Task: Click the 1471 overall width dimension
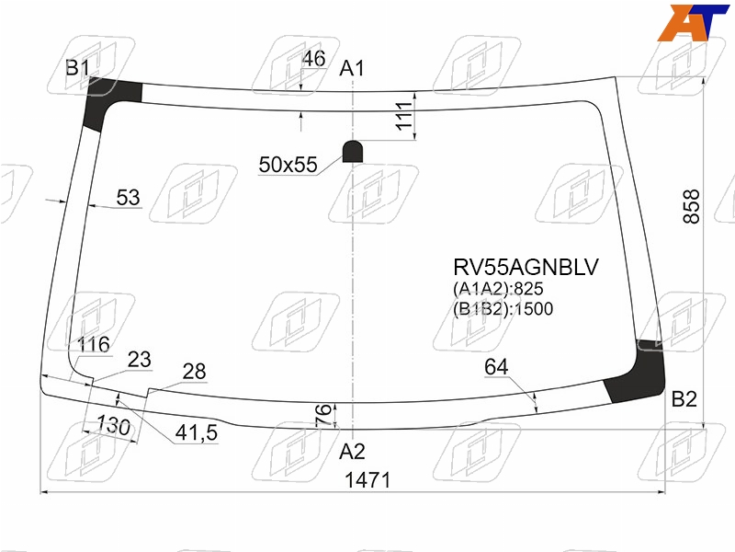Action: [x=367, y=480]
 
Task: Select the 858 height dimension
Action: [x=692, y=206]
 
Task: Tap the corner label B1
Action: [x=77, y=68]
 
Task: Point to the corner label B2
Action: [x=684, y=399]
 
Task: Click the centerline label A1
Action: [x=352, y=68]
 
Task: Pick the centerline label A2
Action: [x=352, y=452]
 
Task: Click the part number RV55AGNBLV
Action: [x=526, y=267]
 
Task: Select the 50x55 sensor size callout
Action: [x=288, y=165]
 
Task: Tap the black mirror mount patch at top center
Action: [x=353, y=151]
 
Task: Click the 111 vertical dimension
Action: [x=403, y=116]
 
